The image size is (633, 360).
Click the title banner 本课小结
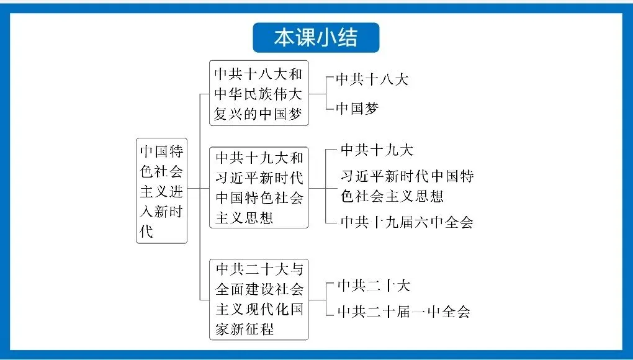click(x=316, y=37)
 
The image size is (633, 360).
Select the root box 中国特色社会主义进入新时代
click(x=161, y=191)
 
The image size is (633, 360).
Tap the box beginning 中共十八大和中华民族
click(x=258, y=93)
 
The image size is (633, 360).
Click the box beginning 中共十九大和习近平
click(x=258, y=187)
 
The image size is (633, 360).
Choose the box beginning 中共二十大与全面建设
click(x=258, y=299)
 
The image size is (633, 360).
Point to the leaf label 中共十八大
click(x=372, y=79)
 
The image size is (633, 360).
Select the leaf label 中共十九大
click(x=377, y=150)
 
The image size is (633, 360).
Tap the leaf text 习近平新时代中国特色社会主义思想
click(x=407, y=186)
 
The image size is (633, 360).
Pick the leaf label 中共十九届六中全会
click(x=406, y=222)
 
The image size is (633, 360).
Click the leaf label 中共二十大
click(x=374, y=286)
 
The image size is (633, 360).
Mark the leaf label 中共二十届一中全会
click(x=403, y=312)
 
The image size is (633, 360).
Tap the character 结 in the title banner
click(x=348, y=37)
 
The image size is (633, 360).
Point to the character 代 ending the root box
click(x=146, y=232)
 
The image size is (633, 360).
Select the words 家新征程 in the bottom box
click(x=245, y=328)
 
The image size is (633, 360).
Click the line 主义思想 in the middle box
click(x=245, y=218)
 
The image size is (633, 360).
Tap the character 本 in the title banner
click(x=284, y=37)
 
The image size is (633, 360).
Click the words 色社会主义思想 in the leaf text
click(x=392, y=196)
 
